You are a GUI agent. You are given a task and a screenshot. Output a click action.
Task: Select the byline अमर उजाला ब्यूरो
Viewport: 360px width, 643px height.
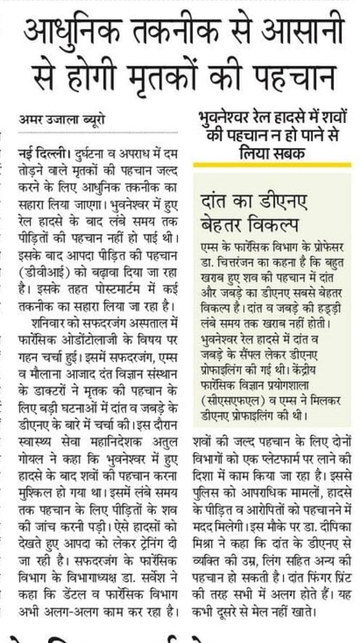click(x=62, y=120)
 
